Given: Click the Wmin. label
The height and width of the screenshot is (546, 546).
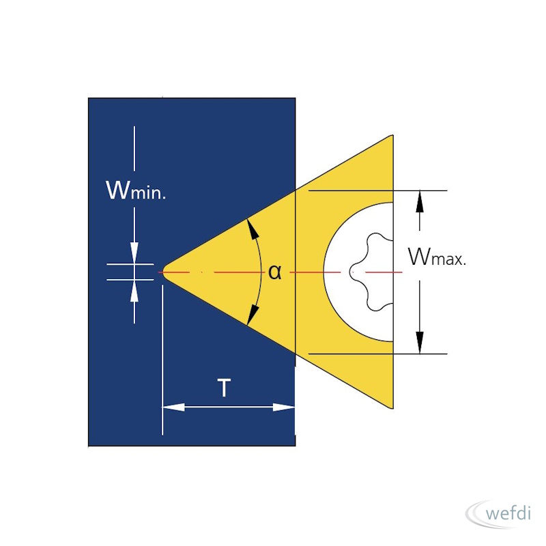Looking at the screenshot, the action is click(x=136, y=190).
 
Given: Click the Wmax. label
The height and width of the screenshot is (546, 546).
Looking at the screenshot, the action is click(x=437, y=257).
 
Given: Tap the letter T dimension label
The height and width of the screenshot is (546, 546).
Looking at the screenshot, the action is click(x=224, y=388).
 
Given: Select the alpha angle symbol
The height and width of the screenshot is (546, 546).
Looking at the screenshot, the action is click(x=275, y=272).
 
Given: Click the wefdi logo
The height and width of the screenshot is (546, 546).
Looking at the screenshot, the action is click(x=498, y=514).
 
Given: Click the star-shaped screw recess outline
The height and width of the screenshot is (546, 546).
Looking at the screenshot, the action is click(x=371, y=272).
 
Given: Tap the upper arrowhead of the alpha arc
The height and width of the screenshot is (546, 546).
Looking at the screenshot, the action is click(x=253, y=228).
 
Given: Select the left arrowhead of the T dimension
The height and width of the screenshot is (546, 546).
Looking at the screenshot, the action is click(x=173, y=407).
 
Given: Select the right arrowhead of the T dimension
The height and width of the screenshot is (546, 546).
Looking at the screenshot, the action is click(x=284, y=407).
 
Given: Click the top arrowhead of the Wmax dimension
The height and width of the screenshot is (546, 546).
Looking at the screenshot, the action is click(x=420, y=201).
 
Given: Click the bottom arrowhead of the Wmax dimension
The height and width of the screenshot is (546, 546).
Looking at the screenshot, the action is click(x=420, y=343).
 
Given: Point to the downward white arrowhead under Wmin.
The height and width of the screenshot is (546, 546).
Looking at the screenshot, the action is click(x=134, y=253).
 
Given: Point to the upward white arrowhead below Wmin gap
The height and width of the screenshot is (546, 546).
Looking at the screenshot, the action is click(x=134, y=291).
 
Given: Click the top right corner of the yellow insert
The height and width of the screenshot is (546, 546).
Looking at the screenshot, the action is click(x=393, y=135).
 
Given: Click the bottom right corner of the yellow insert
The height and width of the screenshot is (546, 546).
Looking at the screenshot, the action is click(x=393, y=408).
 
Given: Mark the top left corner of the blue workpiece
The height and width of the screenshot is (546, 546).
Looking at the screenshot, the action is click(x=89, y=98).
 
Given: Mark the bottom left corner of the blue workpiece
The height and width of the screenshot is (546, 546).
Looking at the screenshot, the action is click(x=89, y=446).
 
